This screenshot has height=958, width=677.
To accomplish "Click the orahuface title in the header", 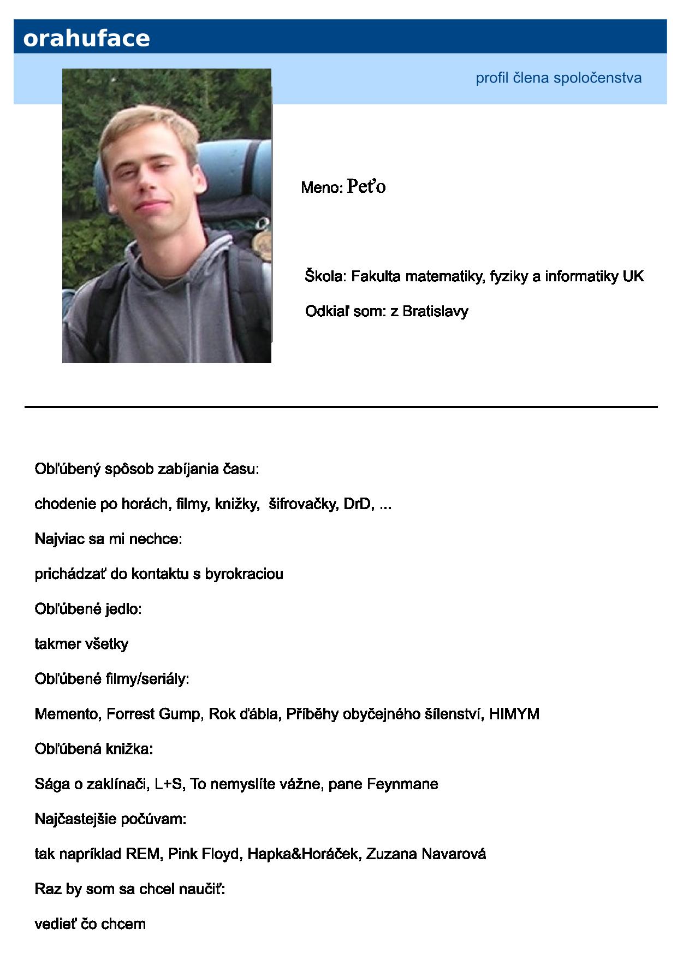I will (86, 38).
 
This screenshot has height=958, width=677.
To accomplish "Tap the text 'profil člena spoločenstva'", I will (558, 78).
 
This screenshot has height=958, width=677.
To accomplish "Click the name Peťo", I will (366, 187).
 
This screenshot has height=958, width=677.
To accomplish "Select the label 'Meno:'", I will (322, 188).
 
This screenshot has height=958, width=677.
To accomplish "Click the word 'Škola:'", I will (325, 276).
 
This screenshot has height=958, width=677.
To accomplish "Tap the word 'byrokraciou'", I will (244, 574).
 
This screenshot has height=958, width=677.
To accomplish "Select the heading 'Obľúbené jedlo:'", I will (88, 609).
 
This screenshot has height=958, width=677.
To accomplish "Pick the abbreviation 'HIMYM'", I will (514, 714).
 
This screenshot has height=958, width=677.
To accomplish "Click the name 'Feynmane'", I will (402, 784).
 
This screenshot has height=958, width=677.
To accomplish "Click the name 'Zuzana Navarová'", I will (426, 854).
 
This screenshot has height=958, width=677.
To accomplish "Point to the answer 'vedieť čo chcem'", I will (90, 924).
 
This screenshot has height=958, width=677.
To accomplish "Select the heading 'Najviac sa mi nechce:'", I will (108, 539).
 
